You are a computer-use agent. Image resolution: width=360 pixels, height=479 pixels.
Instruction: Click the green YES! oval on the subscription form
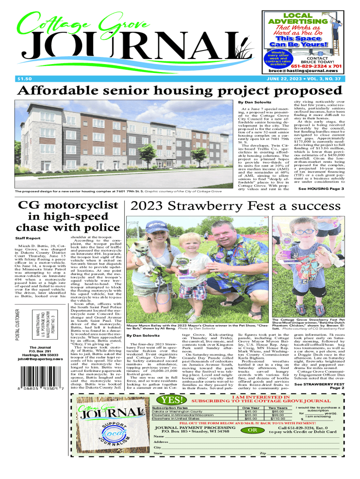(171, 400)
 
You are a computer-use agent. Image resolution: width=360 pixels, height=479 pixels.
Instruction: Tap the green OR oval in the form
(252, 430)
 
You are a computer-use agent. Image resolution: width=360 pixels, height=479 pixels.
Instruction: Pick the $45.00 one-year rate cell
(251, 411)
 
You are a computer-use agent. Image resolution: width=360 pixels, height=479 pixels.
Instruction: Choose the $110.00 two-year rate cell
(278, 418)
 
